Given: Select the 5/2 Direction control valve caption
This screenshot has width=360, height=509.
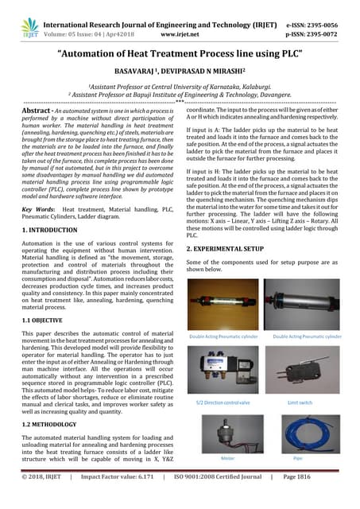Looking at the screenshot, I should [223, 403].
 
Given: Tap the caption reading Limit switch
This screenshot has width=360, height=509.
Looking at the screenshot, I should [303, 403].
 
